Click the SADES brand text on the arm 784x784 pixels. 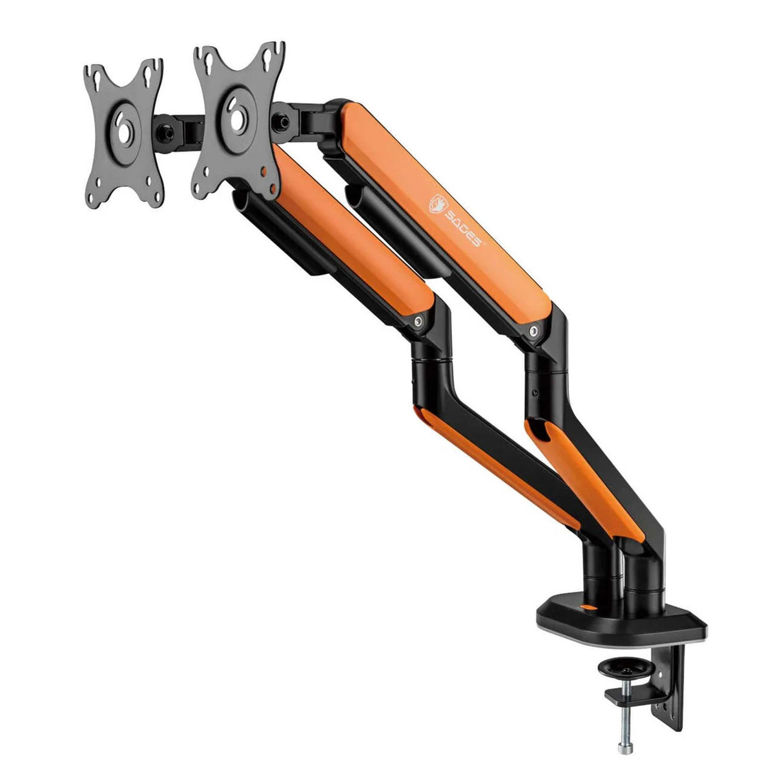coord(462,227)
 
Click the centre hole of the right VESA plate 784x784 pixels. coord(237,117)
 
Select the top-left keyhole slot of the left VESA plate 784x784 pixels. coord(97,81)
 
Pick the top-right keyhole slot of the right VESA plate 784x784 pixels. coord(268,61)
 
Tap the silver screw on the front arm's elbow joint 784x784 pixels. coord(417,322)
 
